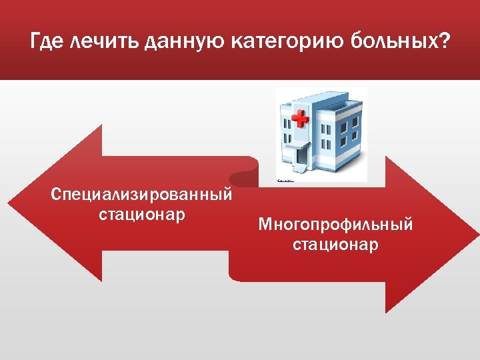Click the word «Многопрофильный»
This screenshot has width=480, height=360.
[x=335, y=225]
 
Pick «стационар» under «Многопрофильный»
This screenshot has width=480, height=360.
[x=335, y=245]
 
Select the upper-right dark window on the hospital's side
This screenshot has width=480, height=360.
[x=347, y=124]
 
